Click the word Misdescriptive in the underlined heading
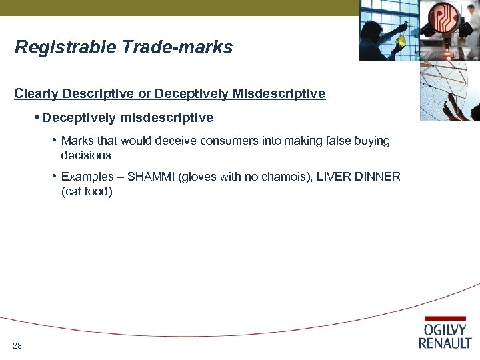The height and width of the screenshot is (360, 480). pyautogui.click(x=279, y=93)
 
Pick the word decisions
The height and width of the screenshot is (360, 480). pyautogui.click(x=85, y=155)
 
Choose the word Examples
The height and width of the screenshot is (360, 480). pyautogui.click(x=87, y=177)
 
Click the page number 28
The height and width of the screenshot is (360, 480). pyautogui.click(x=17, y=345)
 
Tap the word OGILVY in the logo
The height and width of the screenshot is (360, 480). pyautogui.click(x=445, y=331)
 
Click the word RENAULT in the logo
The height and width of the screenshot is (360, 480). pyautogui.click(x=445, y=343)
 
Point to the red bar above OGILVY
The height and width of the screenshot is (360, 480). pyautogui.click(x=445, y=319)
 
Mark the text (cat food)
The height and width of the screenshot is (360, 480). pyautogui.click(x=87, y=191)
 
